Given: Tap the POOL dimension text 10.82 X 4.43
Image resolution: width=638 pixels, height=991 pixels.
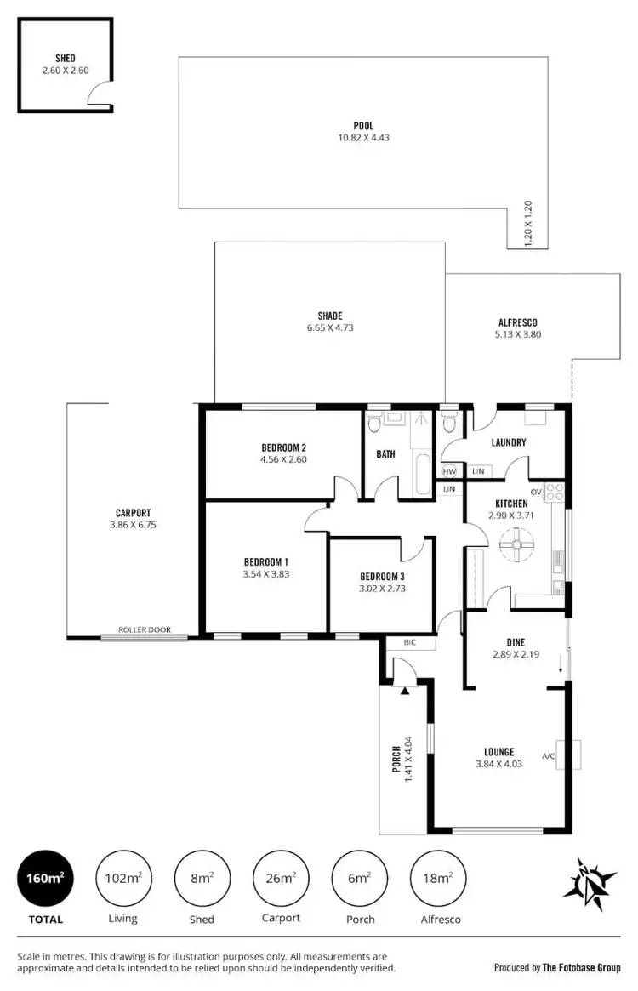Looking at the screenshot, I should point(363,138).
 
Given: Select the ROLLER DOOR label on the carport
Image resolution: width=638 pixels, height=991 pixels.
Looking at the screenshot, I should point(144,630).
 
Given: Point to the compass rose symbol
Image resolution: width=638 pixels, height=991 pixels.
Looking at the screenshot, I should point(590,879).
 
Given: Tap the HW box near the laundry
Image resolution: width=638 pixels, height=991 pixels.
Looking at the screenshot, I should point(449,471).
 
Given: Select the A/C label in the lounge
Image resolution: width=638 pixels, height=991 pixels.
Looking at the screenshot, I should point(548,755).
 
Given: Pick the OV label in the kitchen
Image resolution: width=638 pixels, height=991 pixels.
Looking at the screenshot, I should point(536,492).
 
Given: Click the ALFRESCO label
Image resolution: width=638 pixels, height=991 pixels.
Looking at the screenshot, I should point(518,322).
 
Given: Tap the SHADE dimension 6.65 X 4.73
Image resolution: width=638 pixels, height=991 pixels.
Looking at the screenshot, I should point(330,327).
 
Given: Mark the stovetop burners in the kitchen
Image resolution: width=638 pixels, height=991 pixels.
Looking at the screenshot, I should point(554,491).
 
